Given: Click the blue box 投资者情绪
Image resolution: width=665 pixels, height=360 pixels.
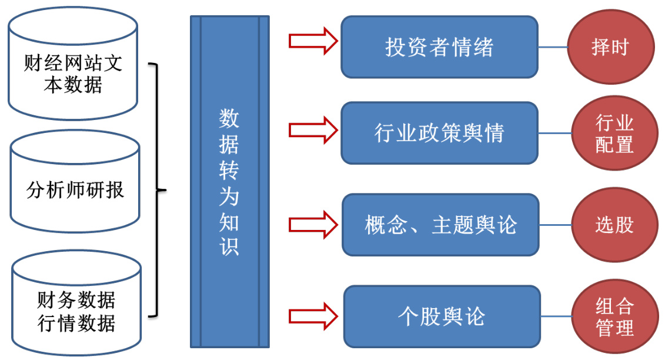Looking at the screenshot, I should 439,47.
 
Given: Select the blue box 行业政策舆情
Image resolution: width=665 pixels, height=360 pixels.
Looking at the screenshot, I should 439,133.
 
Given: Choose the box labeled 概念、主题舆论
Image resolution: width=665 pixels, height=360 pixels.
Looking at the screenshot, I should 440,225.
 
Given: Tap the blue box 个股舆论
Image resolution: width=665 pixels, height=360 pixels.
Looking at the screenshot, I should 442,316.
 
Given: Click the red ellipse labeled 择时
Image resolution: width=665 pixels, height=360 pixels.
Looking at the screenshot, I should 610,48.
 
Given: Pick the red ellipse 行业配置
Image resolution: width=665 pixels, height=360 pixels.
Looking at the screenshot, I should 614,134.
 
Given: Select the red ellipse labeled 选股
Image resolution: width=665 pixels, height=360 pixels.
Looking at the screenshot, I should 614,225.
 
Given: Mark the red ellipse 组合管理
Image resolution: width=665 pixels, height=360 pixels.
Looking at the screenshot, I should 614,316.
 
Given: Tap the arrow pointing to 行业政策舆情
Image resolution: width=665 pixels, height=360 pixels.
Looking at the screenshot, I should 313,129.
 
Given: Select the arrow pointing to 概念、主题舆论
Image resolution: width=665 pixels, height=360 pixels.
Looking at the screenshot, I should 313,224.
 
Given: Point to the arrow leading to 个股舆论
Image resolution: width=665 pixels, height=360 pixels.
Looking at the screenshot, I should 313,315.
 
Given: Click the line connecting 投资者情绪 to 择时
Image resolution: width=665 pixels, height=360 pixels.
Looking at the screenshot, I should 553,47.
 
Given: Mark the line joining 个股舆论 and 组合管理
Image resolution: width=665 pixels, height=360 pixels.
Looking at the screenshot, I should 556,316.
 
